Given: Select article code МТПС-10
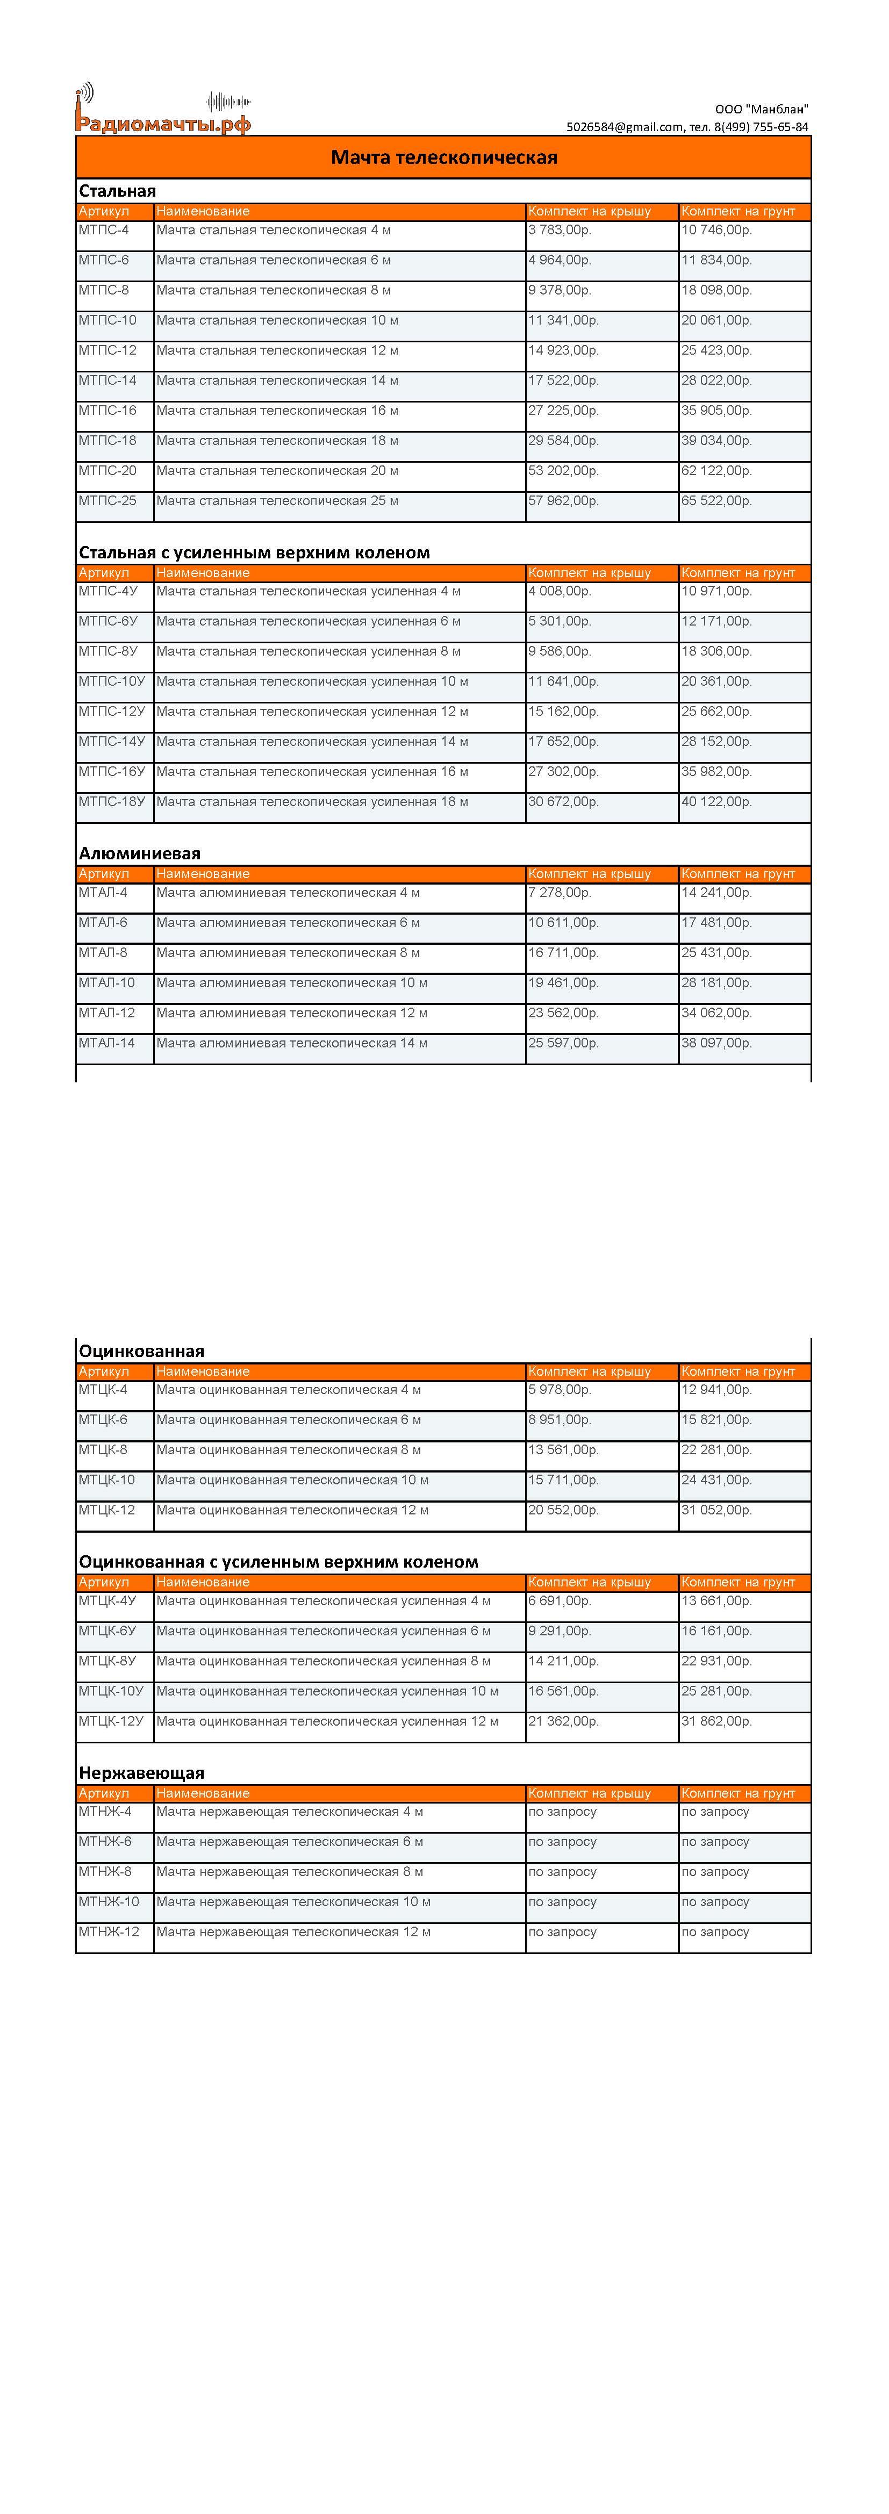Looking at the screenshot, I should coord(107,320).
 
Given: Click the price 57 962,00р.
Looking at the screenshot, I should coord(563,501).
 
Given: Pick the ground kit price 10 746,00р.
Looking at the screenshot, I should coord(716,231).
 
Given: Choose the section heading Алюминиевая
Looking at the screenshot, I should coord(140,853).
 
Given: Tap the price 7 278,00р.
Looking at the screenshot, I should coord(559,893).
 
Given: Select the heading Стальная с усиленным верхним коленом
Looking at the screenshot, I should coord(254,552).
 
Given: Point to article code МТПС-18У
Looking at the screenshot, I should coord(111,802).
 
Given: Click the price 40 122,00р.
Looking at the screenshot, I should coord(716,802).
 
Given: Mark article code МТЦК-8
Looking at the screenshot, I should coord(103,1450).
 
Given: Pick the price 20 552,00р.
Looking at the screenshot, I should coord(563,1511).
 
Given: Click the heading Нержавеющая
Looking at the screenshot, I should coord(141,1773).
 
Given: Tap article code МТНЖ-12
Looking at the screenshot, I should coord(109,1933).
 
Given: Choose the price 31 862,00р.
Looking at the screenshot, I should coord(716,1721).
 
